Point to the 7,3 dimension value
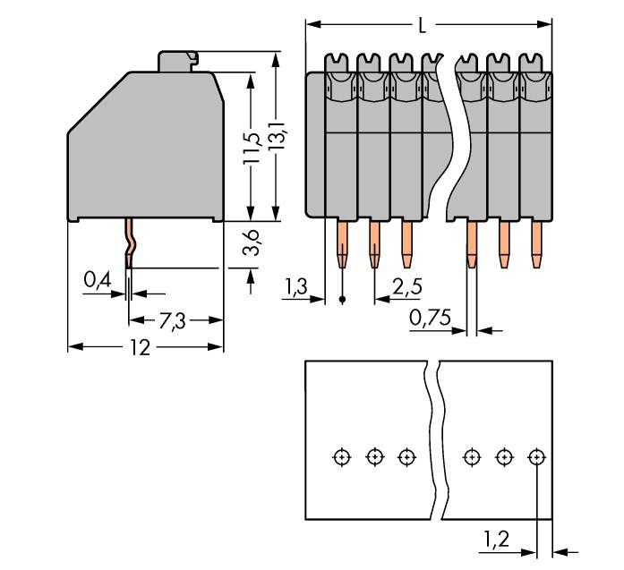click(x=173, y=320)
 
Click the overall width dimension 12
click(x=140, y=347)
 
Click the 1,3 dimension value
click(x=295, y=287)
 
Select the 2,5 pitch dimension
click(x=407, y=287)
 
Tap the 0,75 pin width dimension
click(x=430, y=318)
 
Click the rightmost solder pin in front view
click(x=537, y=243)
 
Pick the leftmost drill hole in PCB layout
click(x=341, y=457)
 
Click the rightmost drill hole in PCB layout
click(x=536, y=457)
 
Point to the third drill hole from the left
click(x=406, y=457)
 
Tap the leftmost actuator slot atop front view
click(x=339, y=63)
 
